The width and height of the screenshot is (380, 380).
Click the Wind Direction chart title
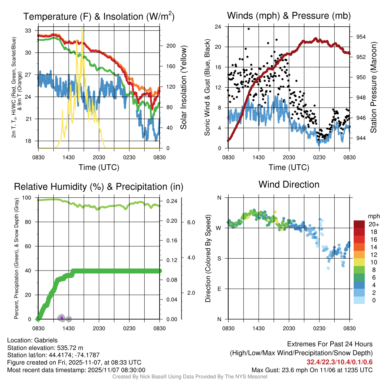[x=289, y=184]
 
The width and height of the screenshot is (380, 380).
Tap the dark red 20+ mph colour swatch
[x=360, y=225]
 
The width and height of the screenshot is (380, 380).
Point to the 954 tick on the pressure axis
[x=361, y=37]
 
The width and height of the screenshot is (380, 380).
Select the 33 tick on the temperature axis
[x=27, y=30]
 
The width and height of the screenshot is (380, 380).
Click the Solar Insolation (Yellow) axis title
[x=183, y=87]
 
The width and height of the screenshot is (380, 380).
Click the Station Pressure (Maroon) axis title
[x=374, y=87]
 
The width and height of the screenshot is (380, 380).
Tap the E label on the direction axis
[x=219, y=289]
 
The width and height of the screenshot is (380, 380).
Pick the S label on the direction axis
[x=219, y=258]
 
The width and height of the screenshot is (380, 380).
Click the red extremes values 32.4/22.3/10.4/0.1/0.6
[x=340, y=362]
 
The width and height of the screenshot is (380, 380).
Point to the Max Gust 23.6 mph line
[x=312, y=370]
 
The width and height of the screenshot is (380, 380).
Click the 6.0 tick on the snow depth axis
[x=191, y=222]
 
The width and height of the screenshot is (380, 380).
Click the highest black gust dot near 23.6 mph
[x=249, y=29]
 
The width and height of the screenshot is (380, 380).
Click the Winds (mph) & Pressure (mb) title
[x=289, y=16]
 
